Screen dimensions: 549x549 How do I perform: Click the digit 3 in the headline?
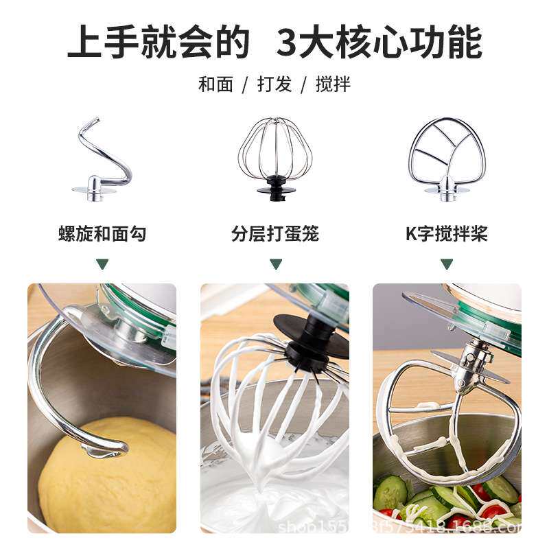pos(291,43)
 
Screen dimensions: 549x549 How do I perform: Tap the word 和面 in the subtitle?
pos(215,84)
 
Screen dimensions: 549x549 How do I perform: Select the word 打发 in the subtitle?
pos(274,84)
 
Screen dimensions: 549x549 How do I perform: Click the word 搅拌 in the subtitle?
pos(333,84)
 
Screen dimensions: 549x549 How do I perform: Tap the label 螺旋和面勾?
pos(102,234)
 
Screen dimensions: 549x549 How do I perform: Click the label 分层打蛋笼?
pos(275,234)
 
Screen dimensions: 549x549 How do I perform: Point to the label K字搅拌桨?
pos(447,234)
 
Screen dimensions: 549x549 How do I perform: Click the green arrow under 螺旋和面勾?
pos(102,264)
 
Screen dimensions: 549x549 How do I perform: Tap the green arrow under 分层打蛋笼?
pos(275,264)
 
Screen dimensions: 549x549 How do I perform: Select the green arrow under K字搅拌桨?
pos(447,264)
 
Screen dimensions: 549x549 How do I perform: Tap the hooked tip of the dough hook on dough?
pos(103,449)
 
